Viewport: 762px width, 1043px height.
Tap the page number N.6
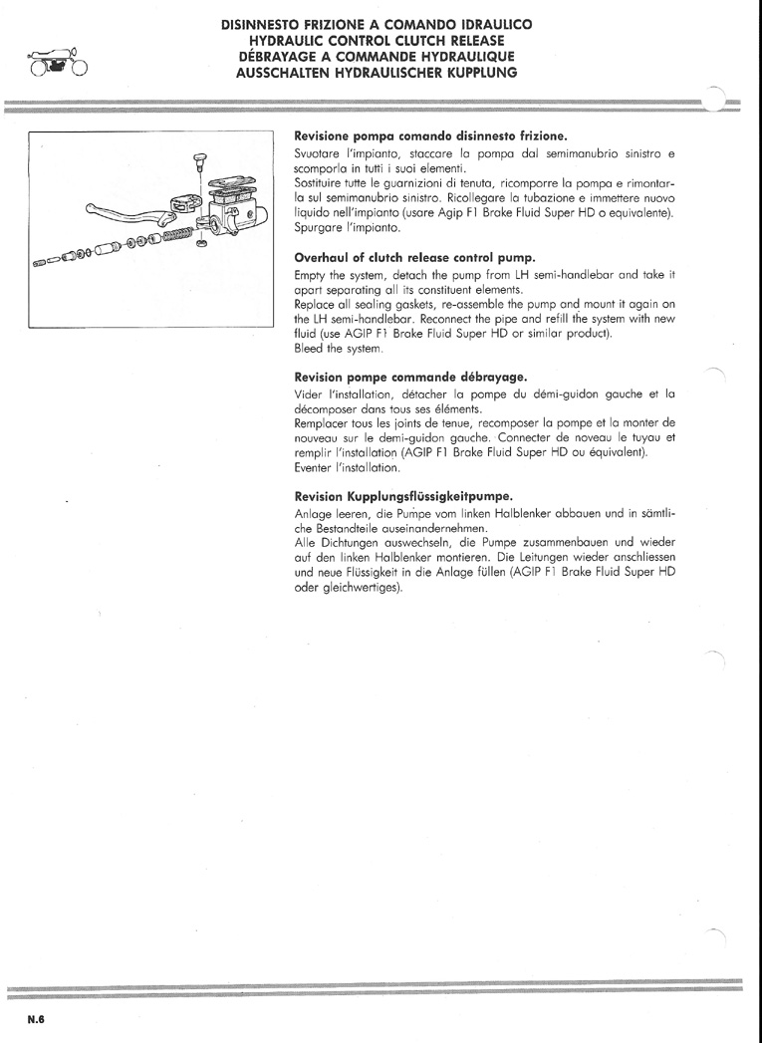[36, 1019]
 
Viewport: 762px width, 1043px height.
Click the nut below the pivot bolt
[202, 243]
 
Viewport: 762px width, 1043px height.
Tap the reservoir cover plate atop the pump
[230, 183]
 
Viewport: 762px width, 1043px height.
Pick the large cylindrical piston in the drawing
[107, 249]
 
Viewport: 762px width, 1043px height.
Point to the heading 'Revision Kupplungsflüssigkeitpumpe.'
[403, 497]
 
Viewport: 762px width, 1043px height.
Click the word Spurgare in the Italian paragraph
[316, 227]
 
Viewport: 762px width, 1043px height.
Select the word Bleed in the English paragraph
[307, 348]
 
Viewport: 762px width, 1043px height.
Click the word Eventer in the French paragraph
[314, 467]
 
